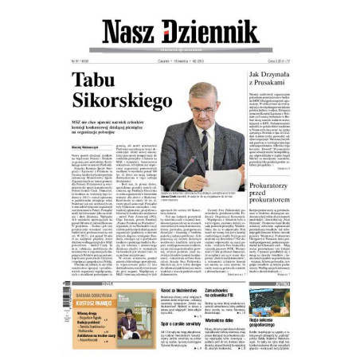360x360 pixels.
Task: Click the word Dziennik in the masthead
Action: point(210,30)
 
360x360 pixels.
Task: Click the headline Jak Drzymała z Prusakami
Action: point(276,80)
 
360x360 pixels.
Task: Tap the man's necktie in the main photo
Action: point(205,140)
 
